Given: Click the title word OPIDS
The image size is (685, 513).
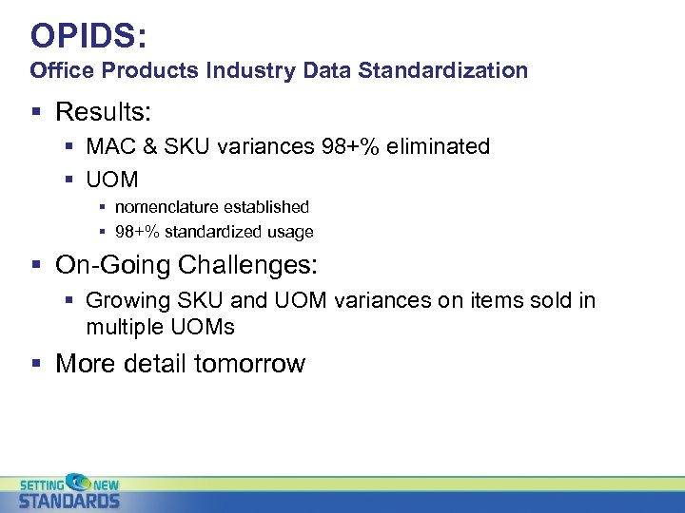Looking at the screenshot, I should pos(85,35).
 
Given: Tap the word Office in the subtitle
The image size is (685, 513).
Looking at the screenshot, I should pos(60,70).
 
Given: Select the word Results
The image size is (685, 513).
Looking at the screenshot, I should pos(102,112).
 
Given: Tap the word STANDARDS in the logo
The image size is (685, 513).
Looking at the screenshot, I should pos(69,500).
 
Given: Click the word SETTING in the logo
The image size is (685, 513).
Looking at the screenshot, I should pos(42,483).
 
